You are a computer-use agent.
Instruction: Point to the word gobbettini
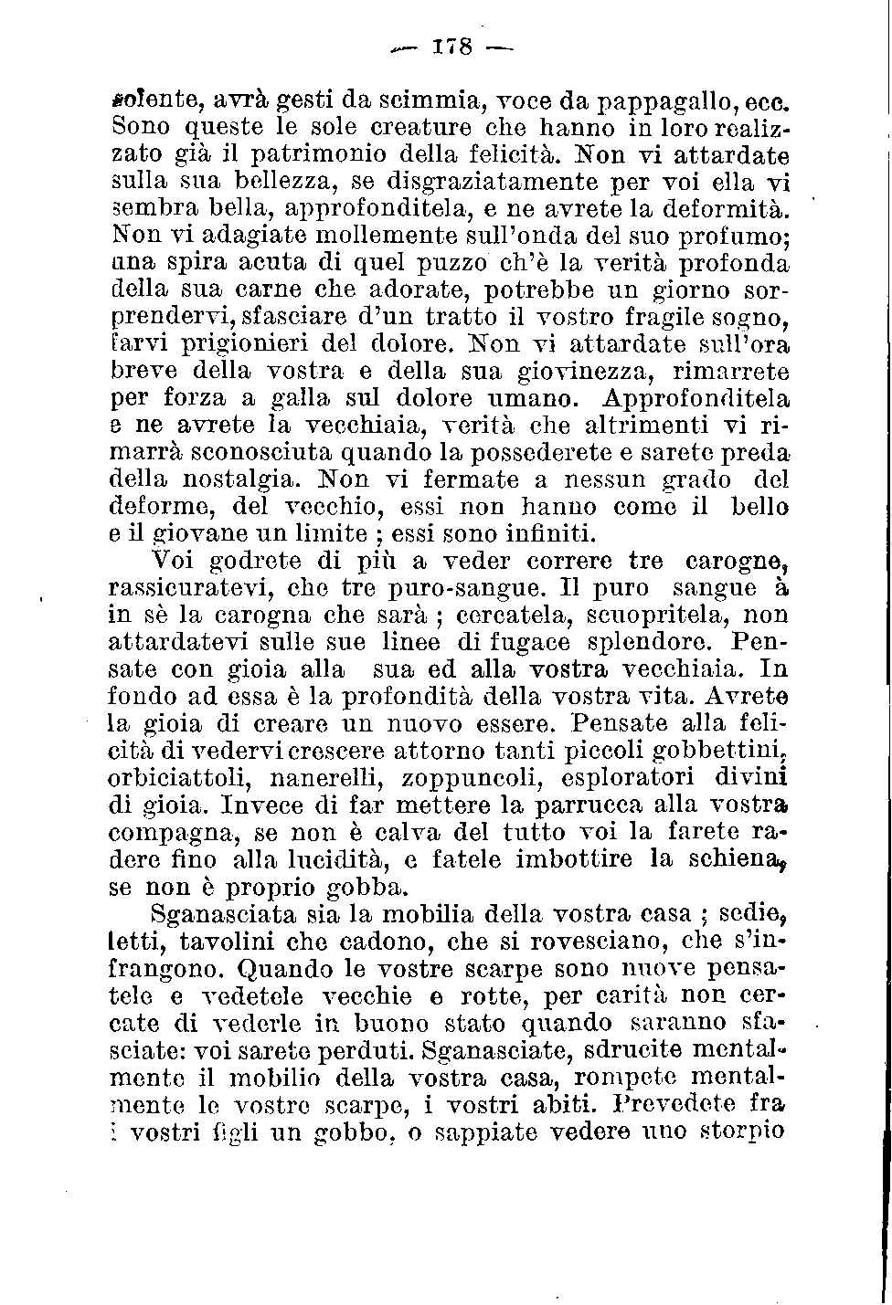pos(722,752)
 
